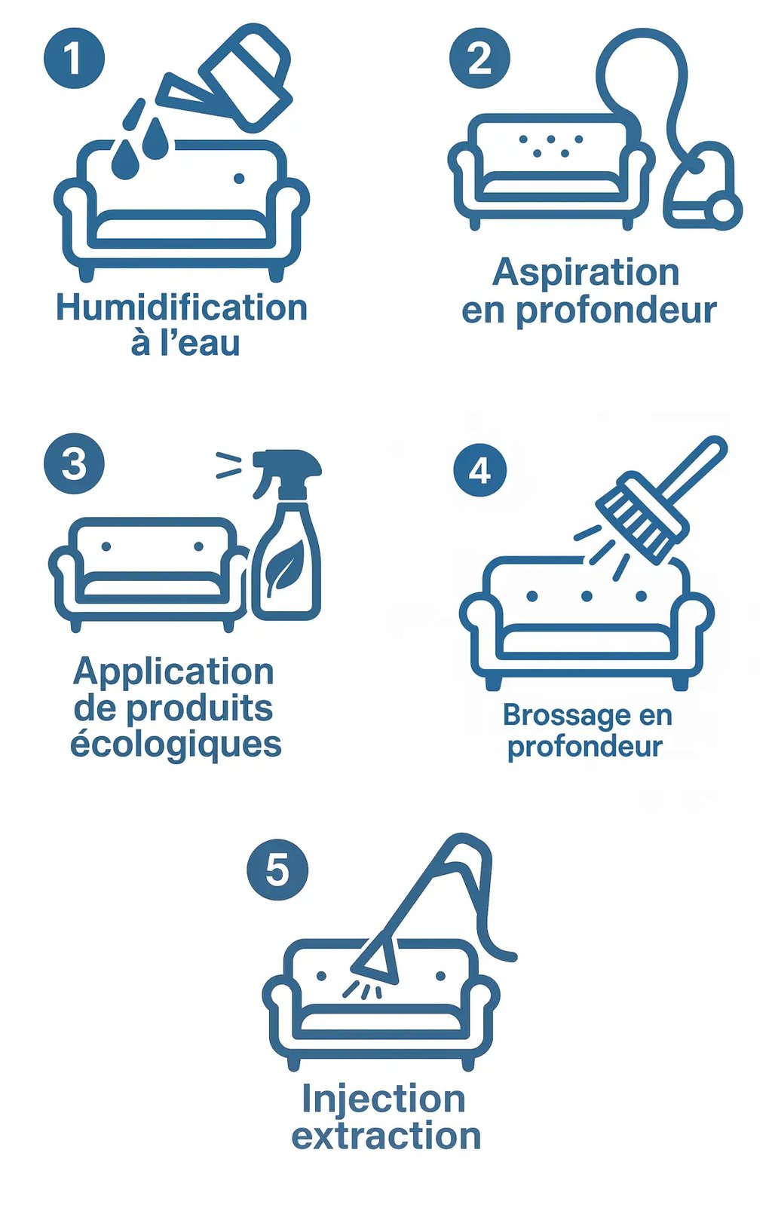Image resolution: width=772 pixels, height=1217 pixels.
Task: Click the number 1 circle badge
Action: click(74, 58)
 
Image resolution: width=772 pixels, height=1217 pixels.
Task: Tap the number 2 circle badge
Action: click(479, 58)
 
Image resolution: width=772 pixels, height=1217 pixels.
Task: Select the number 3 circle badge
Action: click(74, 463)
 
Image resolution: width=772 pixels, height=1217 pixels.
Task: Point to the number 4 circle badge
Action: click(480, 470)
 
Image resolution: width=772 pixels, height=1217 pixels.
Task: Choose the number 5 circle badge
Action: click(277, 869)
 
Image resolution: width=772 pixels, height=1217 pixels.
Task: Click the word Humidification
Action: click(182, 308)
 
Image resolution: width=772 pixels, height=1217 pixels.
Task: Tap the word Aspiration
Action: click(586, 272)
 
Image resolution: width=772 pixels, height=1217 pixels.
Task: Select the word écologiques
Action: click(176, 744)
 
